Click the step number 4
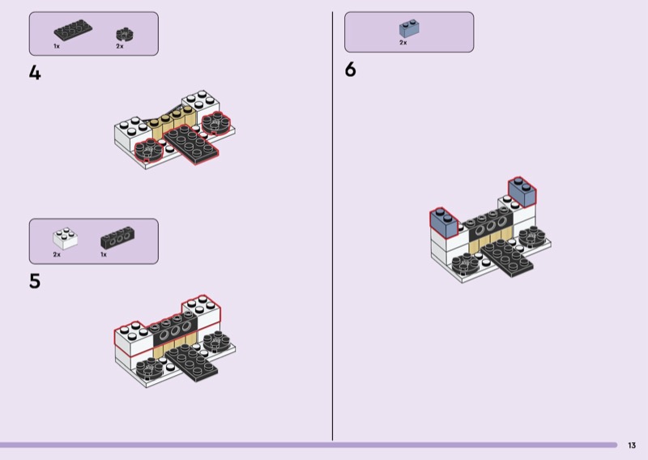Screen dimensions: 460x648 pos(35,73)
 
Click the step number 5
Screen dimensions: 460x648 pos(35,282)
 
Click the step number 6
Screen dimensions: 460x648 pos(350,70)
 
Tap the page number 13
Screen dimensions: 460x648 pos(632,445)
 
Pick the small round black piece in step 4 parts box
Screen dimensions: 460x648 pos(123,34)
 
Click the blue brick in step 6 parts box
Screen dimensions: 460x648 pos(409,29)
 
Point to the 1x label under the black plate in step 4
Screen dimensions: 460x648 pos(57,47)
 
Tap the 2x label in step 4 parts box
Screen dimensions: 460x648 pos(120,47)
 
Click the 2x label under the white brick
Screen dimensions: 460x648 pos(57,254)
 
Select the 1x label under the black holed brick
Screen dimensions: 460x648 pos(104,254)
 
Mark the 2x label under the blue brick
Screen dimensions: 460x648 pos(403,43)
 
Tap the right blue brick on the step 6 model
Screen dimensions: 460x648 pos(522,191)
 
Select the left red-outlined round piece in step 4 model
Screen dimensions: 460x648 pos(150,149)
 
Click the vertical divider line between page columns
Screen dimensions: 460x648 pos(333,227)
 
